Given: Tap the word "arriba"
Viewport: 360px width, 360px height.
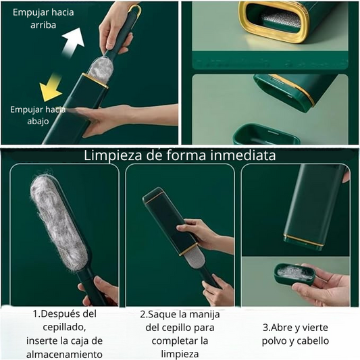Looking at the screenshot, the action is pos(43,25).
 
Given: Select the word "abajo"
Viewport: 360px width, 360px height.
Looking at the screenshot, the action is pos(38,121).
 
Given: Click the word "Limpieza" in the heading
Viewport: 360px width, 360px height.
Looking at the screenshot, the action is pos(113,155).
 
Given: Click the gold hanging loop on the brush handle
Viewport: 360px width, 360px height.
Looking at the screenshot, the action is pos(135,10).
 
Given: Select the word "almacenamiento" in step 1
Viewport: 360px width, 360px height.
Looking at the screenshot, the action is pos(64,355).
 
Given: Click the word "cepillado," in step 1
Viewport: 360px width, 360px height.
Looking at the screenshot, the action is pos(65,328).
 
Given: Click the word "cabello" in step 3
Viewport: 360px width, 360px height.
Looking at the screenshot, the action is pos(314,340).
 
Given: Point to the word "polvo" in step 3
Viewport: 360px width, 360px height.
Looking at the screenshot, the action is pos(274,341).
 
